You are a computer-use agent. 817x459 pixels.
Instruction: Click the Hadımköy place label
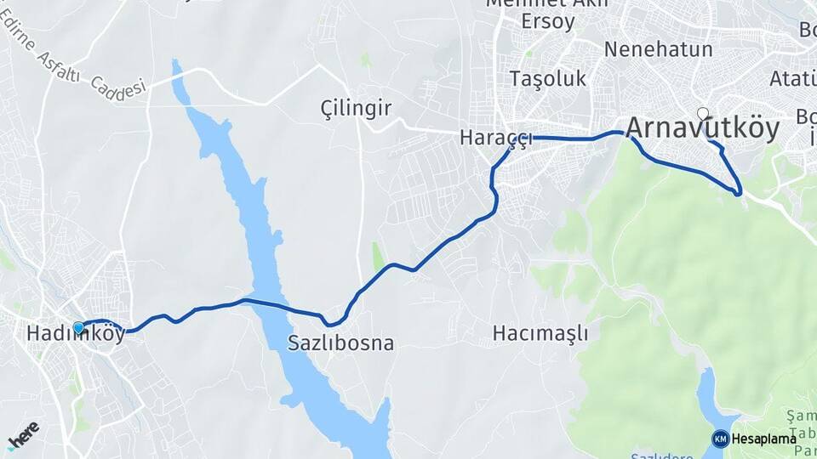click(x=76, y=335)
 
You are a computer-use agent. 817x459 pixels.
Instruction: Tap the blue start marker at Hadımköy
click(x=78, y=327)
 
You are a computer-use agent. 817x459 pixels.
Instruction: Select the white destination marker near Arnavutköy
click(x=702, y=113)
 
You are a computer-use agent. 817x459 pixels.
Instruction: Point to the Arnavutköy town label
click(x=702, y=129)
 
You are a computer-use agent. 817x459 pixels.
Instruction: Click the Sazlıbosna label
click(x=340, y=344)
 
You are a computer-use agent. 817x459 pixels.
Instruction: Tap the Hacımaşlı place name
click(x=540, y=332)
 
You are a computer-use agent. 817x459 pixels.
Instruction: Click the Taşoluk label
click(x=548, y=79)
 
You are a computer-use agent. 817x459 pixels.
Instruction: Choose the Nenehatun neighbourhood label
click(x=658, y=49)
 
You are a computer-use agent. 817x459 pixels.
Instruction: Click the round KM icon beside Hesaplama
click(x=720, y=439)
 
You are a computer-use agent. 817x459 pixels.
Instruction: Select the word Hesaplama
click(x=763, y=439)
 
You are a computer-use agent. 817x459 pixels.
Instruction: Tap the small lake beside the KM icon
click(x=706, y=399)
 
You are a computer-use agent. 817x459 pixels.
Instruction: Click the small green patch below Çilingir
click(x=378, y=258)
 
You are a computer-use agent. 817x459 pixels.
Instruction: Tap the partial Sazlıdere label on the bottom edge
click(x=663, y=455)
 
